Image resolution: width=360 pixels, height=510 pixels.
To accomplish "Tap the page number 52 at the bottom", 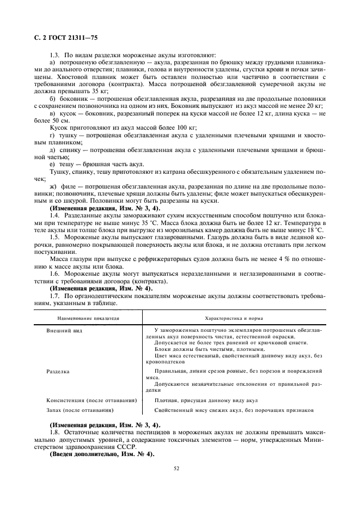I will tap(176, 467).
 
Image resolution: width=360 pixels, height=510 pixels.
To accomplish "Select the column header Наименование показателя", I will tap(81, 316).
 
